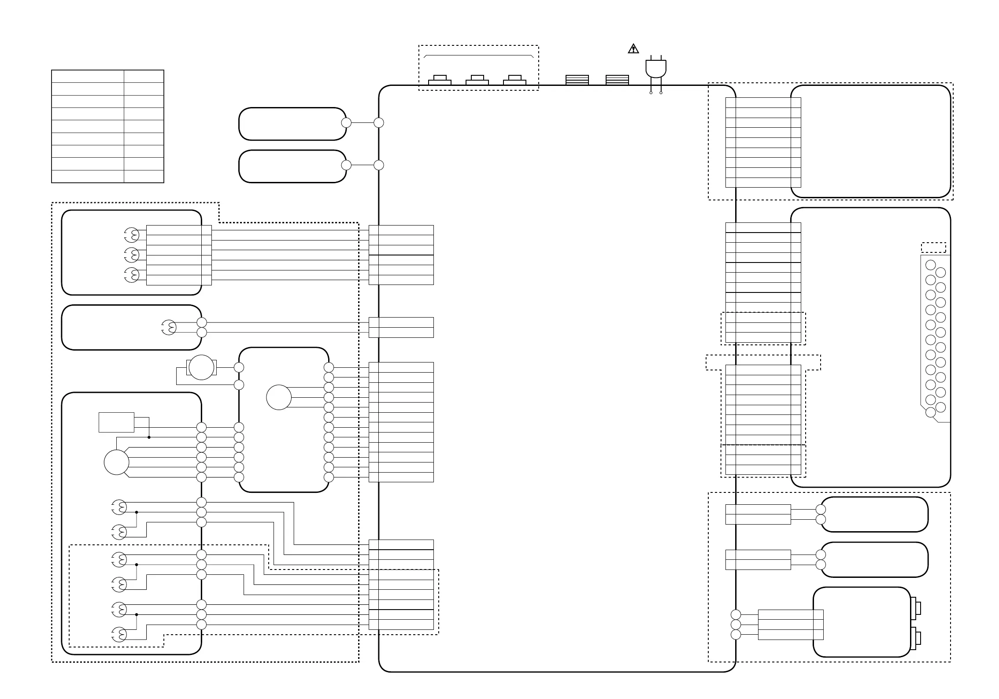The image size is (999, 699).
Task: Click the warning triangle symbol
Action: [633, 49]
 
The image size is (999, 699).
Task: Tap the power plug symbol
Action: [656, 68]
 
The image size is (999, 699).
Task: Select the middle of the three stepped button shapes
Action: [477, 80]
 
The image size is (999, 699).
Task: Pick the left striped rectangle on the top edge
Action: [577, 80]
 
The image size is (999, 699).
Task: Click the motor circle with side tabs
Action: [201, 367]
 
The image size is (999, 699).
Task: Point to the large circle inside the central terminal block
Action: [279, 397]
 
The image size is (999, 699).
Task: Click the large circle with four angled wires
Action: [116, 462]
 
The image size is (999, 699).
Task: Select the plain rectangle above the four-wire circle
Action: [116, 422]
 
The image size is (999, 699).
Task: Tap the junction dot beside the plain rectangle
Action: [149, 437]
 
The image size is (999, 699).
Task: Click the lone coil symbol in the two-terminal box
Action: [169, 327]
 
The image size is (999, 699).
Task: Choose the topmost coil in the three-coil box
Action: [131, 235]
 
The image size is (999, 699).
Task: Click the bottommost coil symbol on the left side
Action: [119, 635]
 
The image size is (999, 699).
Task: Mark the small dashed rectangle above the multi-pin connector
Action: [933, 248]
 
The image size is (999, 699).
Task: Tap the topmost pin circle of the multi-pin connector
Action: [930, 265]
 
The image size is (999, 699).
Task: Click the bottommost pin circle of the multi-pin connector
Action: [930, 413]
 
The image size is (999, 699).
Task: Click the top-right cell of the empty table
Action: [144, 76]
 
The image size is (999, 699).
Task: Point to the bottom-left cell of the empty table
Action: [88, 177]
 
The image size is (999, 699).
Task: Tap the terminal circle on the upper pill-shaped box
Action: [346, 123]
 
